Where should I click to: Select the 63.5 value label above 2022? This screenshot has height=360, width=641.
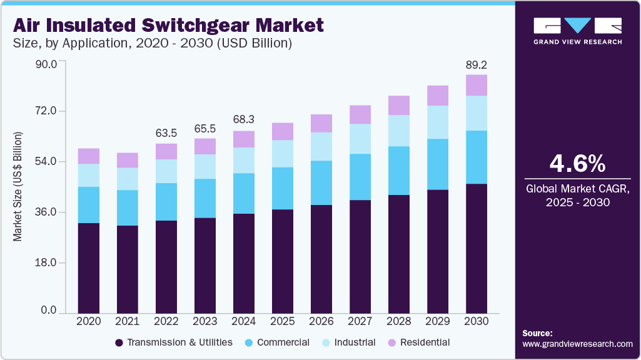[166, 132]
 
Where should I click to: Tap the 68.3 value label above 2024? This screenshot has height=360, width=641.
[244, 119]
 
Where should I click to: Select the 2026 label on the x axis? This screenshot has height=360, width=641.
[321, 321]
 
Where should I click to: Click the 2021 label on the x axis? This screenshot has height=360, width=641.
[127, 321]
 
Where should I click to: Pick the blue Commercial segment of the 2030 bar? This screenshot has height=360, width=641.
[477, 157]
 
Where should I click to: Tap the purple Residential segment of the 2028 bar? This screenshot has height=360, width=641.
[399, 105]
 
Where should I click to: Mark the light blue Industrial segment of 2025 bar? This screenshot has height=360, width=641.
[283, 154]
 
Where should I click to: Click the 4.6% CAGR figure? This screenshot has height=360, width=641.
[577, 163]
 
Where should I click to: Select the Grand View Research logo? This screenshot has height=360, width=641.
[577, 31]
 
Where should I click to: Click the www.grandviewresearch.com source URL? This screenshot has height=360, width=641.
[577, 344]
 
